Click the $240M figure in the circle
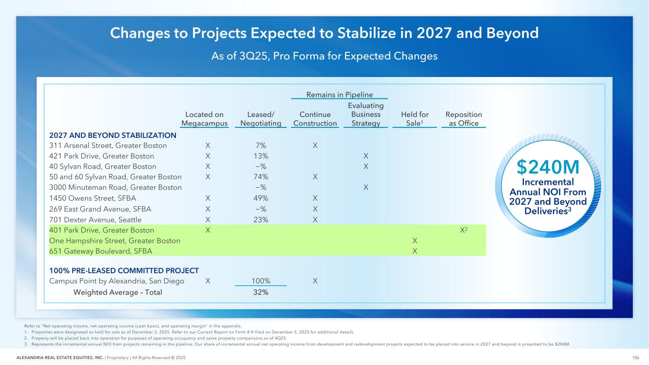click(x=548, y=167)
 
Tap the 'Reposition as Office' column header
click(x=463, y=119)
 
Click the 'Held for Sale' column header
click(x=415, y=119)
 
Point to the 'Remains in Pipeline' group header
click(x=339, y=95)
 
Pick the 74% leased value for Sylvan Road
click(x=261, y=177)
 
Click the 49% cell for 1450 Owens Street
click(x=261, y=198)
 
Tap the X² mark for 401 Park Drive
click(x=464, y=230)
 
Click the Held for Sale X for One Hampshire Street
click(x=415, y=240)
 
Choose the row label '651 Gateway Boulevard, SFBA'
click(x=101, y=251)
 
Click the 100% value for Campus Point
click(x=261, y=280)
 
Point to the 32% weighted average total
click(x=261, y=292)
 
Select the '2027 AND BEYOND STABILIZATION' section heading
click(x=113, y=135)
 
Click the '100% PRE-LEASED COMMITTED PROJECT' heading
click(x=124, y=270)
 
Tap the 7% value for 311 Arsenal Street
click(x=261, y=145)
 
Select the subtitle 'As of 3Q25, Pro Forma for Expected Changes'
click(x=324, y=56)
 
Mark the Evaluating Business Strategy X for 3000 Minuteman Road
click(x=366, y=187)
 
